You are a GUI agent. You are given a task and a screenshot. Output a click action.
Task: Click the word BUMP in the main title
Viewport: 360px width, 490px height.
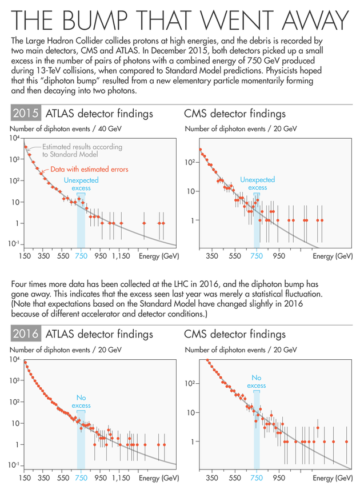pyautogui.click(x=95, y=21)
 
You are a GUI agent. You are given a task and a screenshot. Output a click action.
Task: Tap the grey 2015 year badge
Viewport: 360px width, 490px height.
pyautogui.click(x=26, y=113)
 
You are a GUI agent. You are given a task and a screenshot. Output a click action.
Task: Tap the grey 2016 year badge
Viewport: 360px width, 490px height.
pyautogui.click(x=26, y=334)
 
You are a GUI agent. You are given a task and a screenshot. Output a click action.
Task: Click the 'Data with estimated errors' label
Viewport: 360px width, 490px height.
pyautogui.click(x=90, y=170)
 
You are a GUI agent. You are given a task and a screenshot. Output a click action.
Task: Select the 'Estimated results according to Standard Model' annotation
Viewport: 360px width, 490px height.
pyautogui.click(x=82, y=150)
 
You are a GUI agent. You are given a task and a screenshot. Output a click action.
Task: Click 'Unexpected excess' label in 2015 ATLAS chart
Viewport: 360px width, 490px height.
pyautogui.click(x=81, y=184)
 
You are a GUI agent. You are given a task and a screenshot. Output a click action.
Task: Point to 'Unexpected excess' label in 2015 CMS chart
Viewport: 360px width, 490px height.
pyautogui.click(x=257, y=183)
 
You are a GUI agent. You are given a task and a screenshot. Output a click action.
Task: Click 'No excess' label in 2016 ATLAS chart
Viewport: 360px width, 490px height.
pyautogui.click(x=81, y=401)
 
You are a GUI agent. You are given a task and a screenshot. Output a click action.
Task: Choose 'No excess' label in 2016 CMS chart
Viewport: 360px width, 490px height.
pyautogui.click(x=257, y=381)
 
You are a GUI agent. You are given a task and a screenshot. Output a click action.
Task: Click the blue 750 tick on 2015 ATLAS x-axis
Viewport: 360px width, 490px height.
pyautogui.click(x=81, y=256)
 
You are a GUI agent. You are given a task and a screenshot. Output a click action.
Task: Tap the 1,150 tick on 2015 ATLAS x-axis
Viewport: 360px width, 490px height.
pyautogui.click(x=121, y=256)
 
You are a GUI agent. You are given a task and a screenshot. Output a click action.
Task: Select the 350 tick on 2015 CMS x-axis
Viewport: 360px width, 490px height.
pyautogui.click(x=212, y=256)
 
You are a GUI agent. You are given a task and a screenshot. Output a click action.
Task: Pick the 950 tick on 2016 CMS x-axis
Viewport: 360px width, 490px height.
pyautogui.click(x=279, y=478)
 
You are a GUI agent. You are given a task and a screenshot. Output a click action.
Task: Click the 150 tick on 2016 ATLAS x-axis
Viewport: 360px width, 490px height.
pyautogui.click(x=25, y=478)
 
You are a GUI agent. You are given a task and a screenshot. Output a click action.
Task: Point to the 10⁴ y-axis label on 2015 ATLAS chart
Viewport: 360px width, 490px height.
pyautogui.click(x=15, y=138)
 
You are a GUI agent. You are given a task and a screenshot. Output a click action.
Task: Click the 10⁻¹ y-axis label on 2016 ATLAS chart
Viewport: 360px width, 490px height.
pyautogui.click(x=14, y=465)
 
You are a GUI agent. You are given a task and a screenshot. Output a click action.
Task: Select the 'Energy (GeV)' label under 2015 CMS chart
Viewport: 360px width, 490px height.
pyautogui.click(x=333, y=256)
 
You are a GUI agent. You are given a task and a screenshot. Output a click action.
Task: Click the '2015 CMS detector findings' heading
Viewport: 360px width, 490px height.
pyautogui.click(x=235, y=114)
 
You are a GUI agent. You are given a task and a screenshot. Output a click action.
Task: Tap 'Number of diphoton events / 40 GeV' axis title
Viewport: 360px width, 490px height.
pyautogui.click(x=66, y=128)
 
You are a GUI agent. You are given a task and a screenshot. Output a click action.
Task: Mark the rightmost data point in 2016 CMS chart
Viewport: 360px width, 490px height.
pyautogui.click(x=346, y=441)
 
